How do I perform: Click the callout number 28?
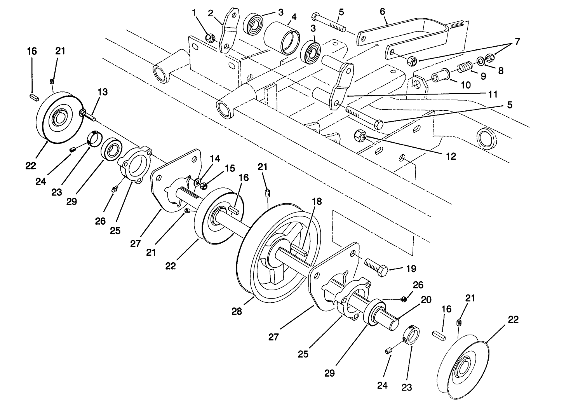pyautogui.click(x=237, y=311)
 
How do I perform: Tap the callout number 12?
pyautogui.click(x=451, y=156)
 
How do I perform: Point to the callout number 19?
pyautogui.click(x=411, y=269)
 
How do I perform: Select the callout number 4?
pyautogui.click(x=294, y=17)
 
